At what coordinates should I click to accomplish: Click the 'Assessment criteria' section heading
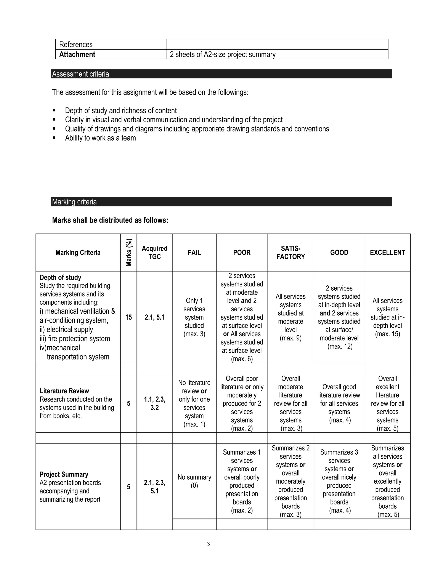point(80,74)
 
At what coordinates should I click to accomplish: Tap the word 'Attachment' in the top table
point(77,54)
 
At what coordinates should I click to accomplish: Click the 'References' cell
point(76,44)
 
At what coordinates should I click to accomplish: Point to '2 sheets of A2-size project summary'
point(223,54)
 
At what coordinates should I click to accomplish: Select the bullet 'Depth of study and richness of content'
point(121,110)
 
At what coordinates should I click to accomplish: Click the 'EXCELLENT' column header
point(387,252)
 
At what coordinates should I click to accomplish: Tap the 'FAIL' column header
point(194,252)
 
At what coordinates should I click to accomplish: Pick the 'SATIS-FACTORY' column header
point(291,252)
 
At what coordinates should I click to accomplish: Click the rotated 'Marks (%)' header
point(129,252)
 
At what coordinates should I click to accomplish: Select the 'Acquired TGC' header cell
point(155,252)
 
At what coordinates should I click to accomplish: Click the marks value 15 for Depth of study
point(129,317)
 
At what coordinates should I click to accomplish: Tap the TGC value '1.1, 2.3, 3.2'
point(155,403)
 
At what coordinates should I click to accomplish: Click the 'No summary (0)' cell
point(194,481)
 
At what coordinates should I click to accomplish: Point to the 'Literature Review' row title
point(64,391)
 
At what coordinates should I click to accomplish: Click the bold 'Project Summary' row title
point(64,474)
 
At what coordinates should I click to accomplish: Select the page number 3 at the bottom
point(208,544)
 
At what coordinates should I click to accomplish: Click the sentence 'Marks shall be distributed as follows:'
point(110,220)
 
